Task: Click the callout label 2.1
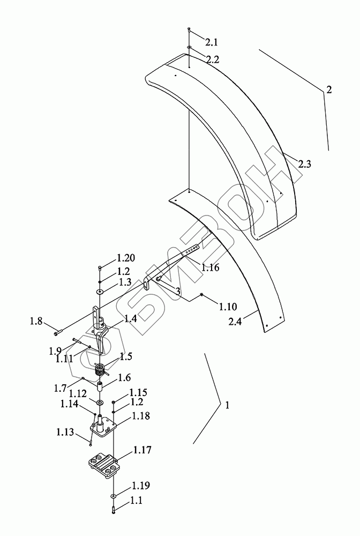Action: point(197,42)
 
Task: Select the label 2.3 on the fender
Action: point(304,165)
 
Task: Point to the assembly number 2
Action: point(329,90)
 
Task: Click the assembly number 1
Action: point(227,406)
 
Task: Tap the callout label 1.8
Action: point(36,322)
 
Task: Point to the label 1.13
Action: point(66,432)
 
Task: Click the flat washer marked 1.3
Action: point(100,292)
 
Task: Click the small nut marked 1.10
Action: point(201,295)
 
